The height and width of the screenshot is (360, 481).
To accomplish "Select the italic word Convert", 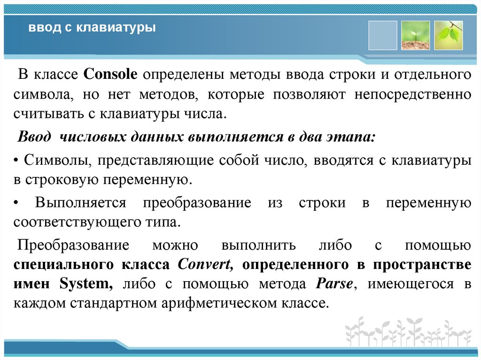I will (206, 264).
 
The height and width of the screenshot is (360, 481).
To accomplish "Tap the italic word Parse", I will (334, 283).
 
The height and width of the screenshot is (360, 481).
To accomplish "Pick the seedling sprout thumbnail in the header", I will (416, 35).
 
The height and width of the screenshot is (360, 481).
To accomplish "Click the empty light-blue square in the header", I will (383, 35).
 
